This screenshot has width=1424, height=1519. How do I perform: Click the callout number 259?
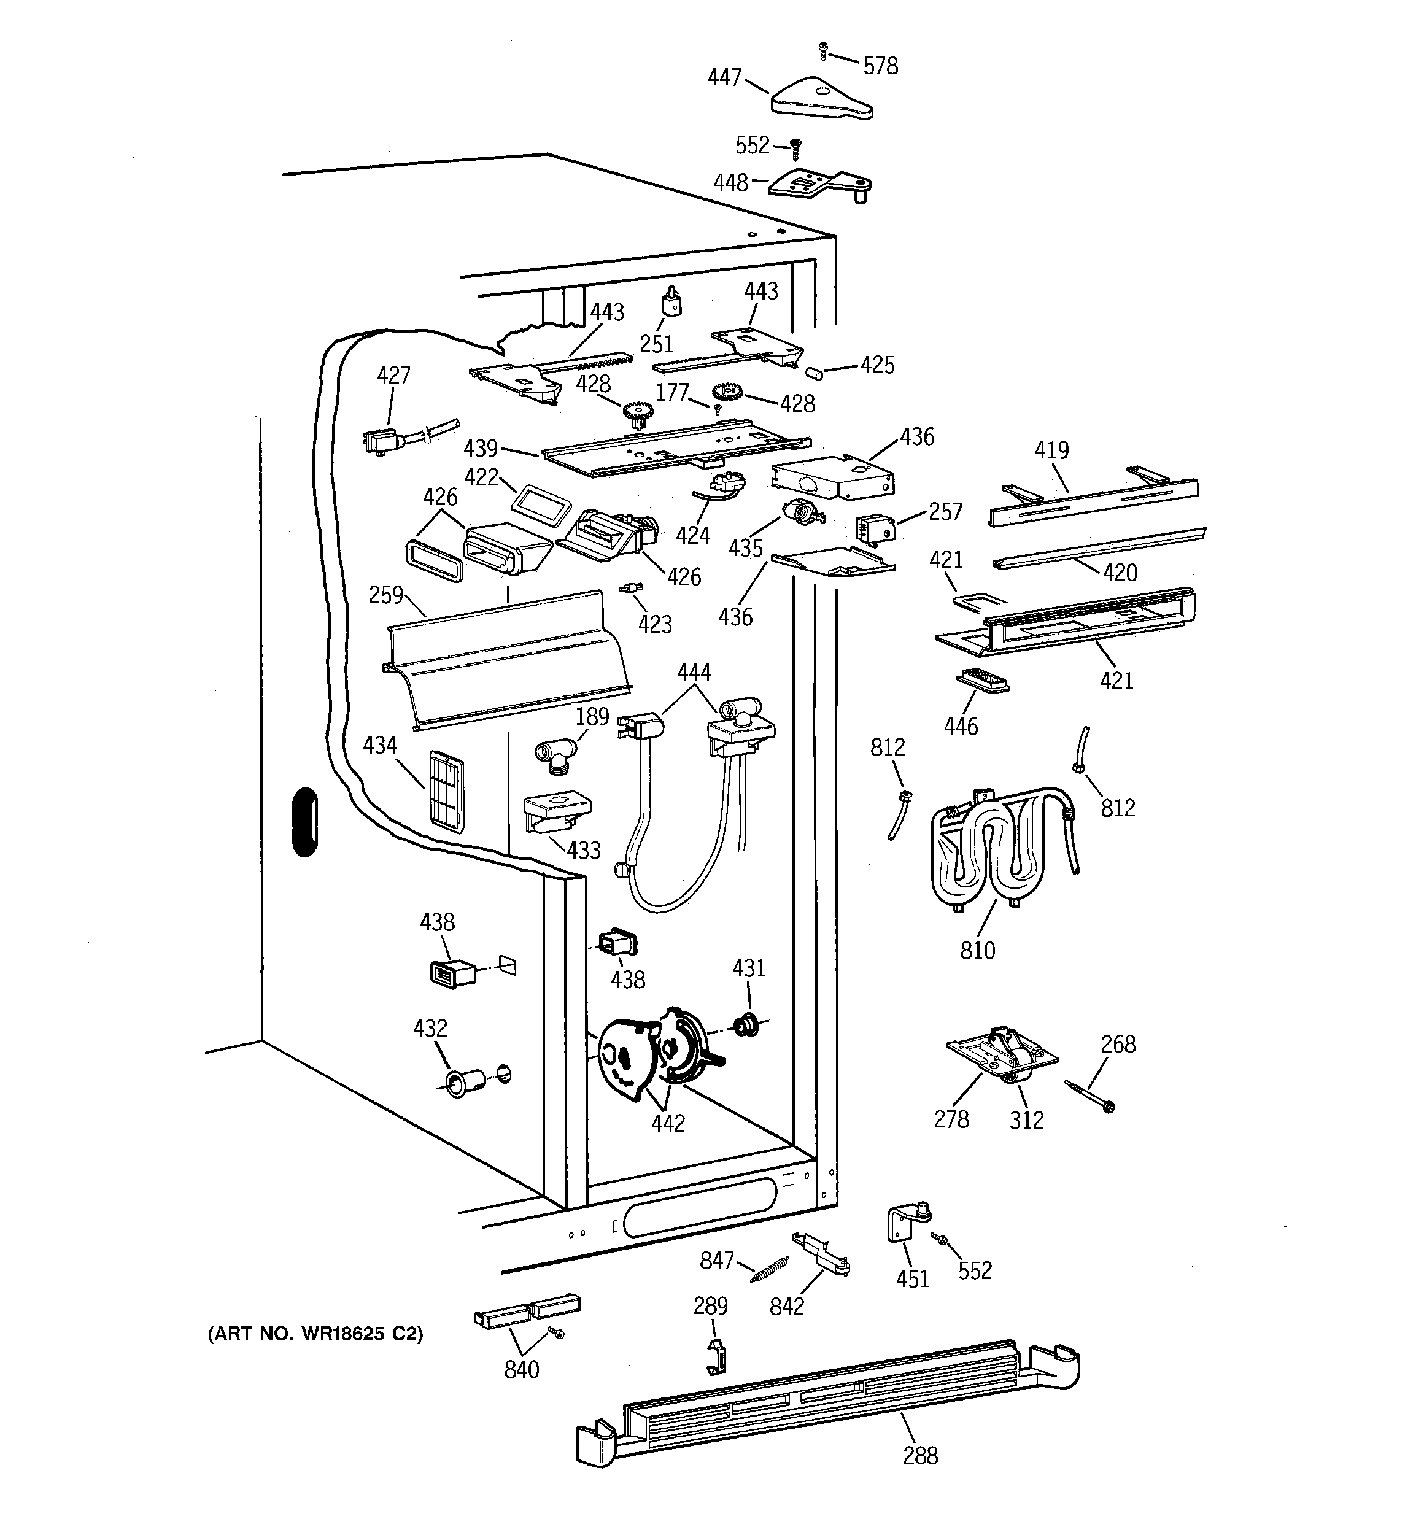[385, 595]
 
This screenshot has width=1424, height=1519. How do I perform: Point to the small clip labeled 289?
[716, 1358]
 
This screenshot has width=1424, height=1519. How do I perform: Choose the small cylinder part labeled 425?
[814, 372]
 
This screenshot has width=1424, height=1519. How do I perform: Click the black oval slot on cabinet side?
[305, 821]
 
